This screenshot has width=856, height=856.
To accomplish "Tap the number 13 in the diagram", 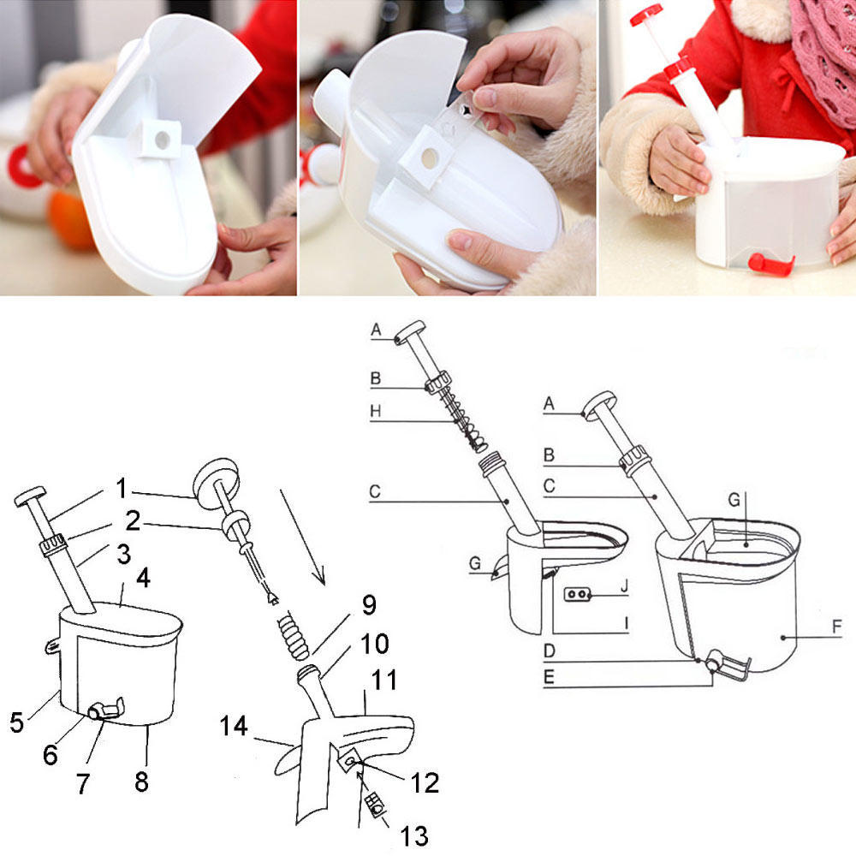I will click(x=409, y=835).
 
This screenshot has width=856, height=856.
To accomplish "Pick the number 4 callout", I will click(x=143, y=579).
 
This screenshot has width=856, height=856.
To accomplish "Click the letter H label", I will click(x=376, y=411).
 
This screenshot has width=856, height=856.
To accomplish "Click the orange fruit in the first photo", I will click(x=70, y=220).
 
